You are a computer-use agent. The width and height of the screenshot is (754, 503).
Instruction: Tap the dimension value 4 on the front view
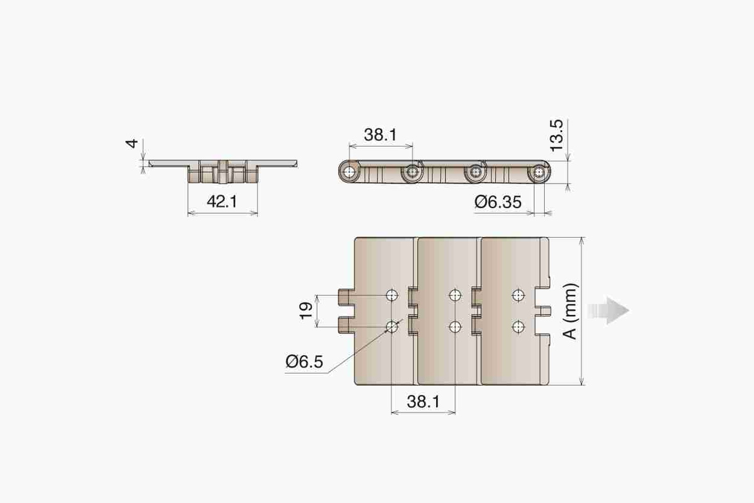(131, 143)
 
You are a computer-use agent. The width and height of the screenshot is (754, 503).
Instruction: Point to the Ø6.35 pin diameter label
(498, 202)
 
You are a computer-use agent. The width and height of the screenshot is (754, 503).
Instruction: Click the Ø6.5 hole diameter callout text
(304, 362)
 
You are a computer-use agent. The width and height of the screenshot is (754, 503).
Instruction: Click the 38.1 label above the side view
(380, 135)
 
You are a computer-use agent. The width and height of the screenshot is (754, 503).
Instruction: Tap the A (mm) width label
(570, 311)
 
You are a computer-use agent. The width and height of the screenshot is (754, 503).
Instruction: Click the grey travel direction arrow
(608, 311)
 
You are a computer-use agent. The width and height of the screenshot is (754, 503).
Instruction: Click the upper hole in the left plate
(392, 296)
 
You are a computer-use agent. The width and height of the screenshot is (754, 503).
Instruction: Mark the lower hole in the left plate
(392, 326)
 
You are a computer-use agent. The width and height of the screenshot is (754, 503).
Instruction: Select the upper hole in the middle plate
(455, 296)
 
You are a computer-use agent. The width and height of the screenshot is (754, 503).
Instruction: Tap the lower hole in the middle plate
(455, 326)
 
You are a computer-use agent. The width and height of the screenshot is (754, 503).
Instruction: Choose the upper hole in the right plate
(518, 296)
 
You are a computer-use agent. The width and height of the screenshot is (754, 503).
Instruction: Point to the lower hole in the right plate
(518, 326)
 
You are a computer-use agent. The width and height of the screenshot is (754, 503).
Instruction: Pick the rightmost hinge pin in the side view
(540, 172)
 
